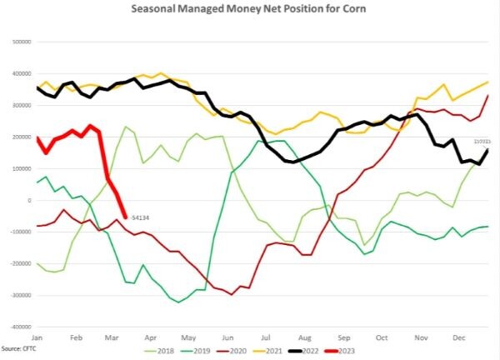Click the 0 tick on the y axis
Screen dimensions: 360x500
(29, 200)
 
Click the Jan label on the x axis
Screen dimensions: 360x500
(37, 337)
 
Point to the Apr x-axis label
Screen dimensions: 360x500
(150, 337)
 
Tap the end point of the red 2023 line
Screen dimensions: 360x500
(125, 217)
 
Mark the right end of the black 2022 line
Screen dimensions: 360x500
(487, 150)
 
